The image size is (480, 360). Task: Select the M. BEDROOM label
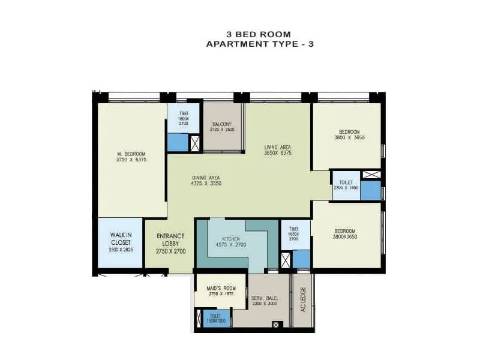[x=132, y=154]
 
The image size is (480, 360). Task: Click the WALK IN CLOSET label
[x=121, y=239]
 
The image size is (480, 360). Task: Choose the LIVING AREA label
[x=278, y=146]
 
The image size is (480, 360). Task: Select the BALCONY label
[x=222, y=124]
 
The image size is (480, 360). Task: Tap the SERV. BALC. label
[x=263, y=299]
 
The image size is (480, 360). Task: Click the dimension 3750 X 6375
[x=132, y=160]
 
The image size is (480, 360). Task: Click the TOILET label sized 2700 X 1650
[x=346, y=181]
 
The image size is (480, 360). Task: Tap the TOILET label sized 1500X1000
[x=215, y=316]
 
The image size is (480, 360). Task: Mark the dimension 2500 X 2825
[x=121, y=248]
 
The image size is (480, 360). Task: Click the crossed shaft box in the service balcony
[x=275, y=325]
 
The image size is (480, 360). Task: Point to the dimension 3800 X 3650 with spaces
[x=349, y=138]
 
